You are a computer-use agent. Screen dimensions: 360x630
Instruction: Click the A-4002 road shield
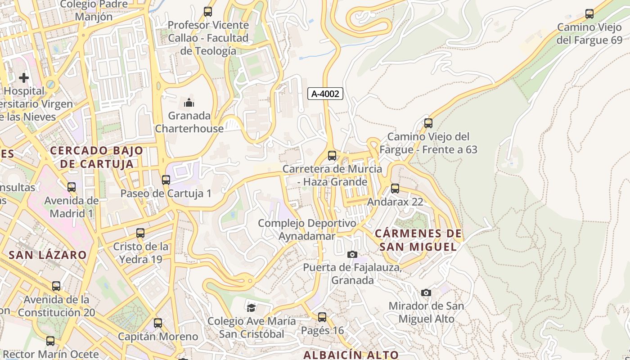(x=325, y=94)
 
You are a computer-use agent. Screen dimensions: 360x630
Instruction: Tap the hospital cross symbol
(x=24, y=78)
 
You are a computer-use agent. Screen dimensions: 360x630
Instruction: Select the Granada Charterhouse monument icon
(x=189, y=103)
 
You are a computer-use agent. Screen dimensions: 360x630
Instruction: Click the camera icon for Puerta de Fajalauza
(x=352, y=255)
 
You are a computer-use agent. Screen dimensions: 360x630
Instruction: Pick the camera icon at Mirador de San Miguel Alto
(x=426, y=293)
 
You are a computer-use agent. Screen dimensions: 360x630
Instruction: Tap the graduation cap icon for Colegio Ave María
(x=251, y=308)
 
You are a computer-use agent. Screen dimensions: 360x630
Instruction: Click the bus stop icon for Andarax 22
(x=395, y=189)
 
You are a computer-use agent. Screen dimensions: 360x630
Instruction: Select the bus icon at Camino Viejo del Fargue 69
(x=589, y=14)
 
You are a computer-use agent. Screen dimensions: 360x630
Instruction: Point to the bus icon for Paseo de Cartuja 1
(x=166, y=180)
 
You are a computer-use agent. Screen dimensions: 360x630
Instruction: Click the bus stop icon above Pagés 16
(x=322, y=317)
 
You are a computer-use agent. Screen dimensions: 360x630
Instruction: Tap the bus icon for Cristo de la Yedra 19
(x=140, y=233)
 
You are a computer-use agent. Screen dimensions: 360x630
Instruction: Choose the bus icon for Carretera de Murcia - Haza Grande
(x=332, y=156)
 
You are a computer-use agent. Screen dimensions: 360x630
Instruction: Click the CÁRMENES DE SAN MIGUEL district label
(x=418, y=240)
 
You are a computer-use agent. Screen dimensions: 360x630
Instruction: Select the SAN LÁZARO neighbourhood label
(x=48, y=255)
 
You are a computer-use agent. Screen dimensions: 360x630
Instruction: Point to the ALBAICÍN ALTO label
(x=351, y=355)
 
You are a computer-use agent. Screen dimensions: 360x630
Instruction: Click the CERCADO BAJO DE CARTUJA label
(x=97, y=157)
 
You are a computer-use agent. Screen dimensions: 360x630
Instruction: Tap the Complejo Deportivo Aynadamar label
(x=307, y=229)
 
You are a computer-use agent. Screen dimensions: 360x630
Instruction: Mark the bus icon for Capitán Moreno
(x=158, y=323)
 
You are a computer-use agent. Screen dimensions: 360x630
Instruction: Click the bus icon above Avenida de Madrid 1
(x=72, y=187)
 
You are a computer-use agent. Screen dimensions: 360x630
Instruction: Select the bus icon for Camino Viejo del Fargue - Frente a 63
(x=428, y=123)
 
